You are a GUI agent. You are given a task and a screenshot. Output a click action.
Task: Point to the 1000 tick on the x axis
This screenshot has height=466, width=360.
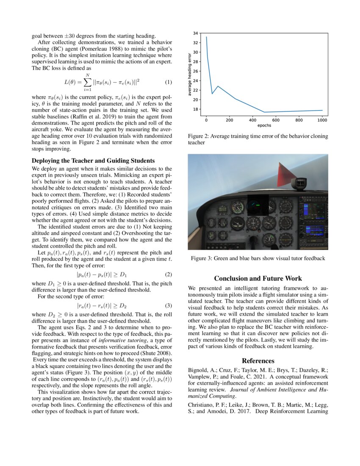point(322,120)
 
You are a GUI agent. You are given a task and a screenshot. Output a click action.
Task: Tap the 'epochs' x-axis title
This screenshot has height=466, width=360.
point(264,126)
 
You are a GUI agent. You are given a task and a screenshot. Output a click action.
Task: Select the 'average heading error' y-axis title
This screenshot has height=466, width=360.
point(190,74)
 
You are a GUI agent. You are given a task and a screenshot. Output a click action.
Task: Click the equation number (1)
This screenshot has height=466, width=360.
point(168,82)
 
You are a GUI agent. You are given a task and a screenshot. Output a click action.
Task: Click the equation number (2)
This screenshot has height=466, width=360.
point(168,274)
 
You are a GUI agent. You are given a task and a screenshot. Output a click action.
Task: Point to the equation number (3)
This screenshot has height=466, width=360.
point(168,305)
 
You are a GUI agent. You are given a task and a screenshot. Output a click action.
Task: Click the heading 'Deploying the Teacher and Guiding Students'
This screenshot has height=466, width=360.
point(94,161)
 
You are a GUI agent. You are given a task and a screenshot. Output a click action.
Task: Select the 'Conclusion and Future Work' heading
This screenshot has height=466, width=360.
point(258,278)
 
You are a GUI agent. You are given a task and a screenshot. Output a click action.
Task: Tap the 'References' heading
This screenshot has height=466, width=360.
point(258,361)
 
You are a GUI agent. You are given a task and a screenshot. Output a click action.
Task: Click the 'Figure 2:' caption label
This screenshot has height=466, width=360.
point(199,136)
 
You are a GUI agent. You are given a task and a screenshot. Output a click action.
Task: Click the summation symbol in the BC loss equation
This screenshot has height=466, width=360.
point(87,82)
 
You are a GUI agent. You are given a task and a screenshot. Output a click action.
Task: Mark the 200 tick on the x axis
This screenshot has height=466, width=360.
point(229,120)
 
